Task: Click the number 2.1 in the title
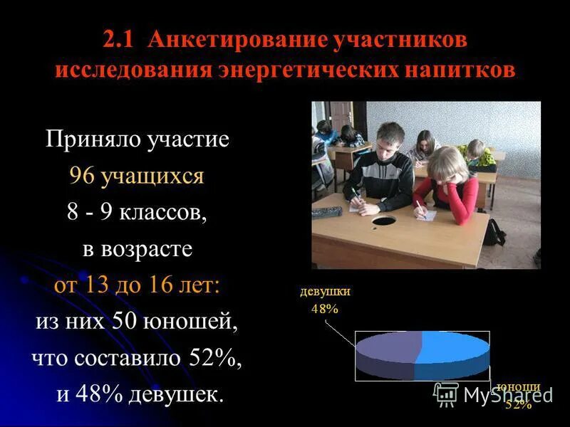122,40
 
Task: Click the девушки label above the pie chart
325,291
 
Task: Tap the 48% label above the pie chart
324,308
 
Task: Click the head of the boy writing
390,136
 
